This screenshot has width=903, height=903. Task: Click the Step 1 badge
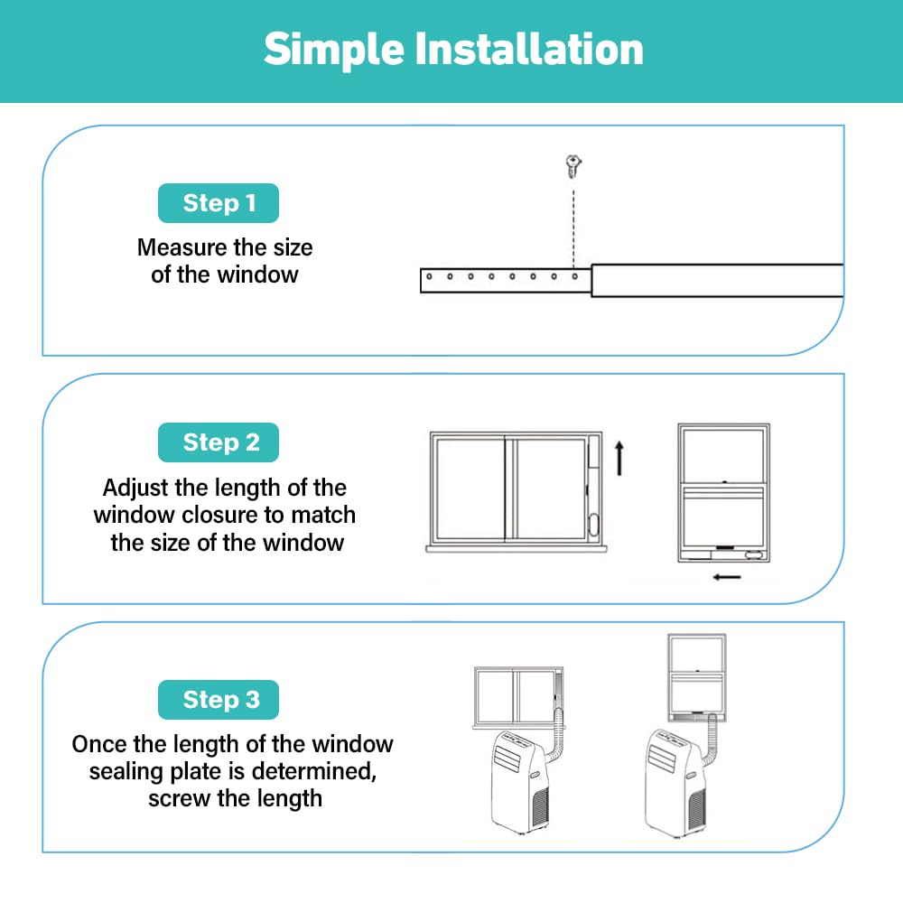coord(219,202)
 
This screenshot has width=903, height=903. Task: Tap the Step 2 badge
coord(219,442)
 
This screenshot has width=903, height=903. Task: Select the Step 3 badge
coord(219,700)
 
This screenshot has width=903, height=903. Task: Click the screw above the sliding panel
coord(573,166)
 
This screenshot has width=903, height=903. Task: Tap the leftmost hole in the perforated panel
coord(429,276)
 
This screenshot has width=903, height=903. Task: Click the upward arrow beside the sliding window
coord(619,459)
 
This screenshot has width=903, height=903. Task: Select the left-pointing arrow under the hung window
coord(727,577)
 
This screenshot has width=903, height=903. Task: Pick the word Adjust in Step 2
coord(136,489)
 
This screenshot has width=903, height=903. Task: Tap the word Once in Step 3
coord(99,744)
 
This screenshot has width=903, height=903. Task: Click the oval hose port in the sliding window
coord(594,524)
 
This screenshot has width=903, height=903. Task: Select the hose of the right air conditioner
coord(711,743)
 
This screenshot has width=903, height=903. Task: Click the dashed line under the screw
coord(573,223)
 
